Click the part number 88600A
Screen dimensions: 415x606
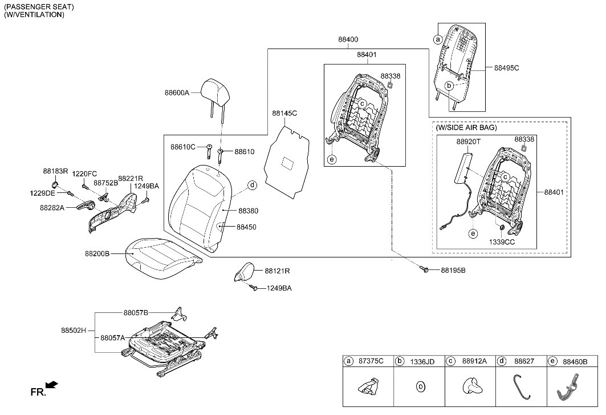tap(177, 92)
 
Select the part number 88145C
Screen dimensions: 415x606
tap(284, 114)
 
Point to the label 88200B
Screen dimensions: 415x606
tap(97, 253)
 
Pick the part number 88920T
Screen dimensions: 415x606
tap(469, 140)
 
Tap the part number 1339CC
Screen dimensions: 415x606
tap(502, 242)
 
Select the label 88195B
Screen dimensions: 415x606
tap(453, 270)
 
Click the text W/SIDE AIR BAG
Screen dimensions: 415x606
tap(466, 128)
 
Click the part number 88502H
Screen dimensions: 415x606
tap(73, 330)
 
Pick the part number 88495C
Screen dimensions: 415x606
tap(507, 68)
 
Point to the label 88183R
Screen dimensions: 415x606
tap(55, 171)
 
